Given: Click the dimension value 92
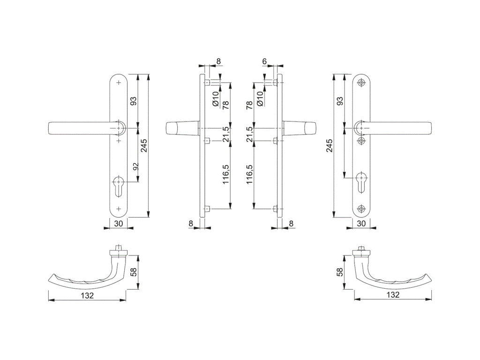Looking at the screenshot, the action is pyautogui.click(x=135, y=166).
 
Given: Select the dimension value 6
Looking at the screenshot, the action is pyautogui.click(x=264, y=61).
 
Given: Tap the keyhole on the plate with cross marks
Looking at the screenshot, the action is pyautogui.click(x=119, y=186).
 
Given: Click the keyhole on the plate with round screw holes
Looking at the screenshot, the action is pyautogui.click(x=361, y=183).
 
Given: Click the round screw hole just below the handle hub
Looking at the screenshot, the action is pyautogui.click(x=361, y=141).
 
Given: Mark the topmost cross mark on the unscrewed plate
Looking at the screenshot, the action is pyautogui.click(x=119, y=82).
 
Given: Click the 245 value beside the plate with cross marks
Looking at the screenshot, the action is pyautogui.click(x=144, y=146).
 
